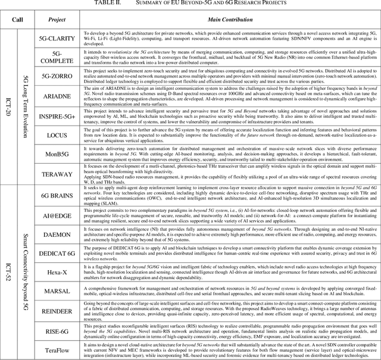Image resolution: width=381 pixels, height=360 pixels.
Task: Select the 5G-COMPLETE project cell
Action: [56, 57]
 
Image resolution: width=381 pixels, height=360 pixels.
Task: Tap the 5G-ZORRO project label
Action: [56, 76]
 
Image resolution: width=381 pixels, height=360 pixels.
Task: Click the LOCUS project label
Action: [56, 135]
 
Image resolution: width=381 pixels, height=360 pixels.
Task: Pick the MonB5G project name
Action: [56, 156]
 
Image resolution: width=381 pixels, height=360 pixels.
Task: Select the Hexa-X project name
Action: [56, 273]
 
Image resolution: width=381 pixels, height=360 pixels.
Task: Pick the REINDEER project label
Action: [56, 311]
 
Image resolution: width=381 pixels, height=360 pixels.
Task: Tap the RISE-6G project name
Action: [56, 330]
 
